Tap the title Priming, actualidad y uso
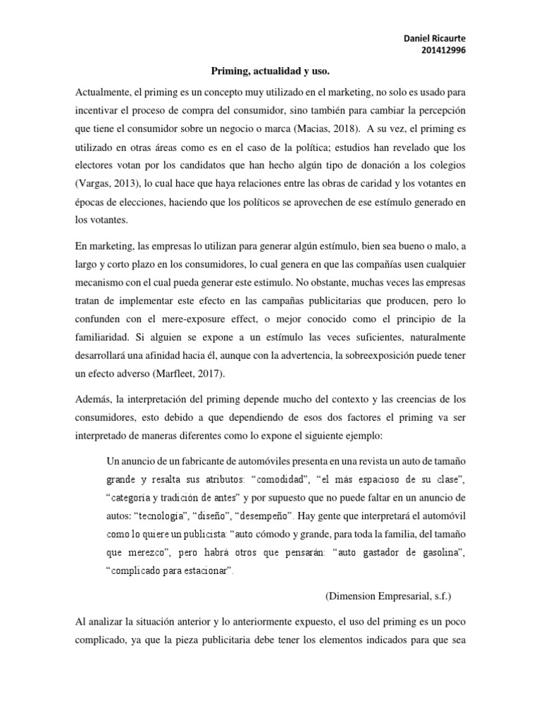click(x=270, y=72)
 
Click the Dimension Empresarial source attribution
click(x=387, y=576)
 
